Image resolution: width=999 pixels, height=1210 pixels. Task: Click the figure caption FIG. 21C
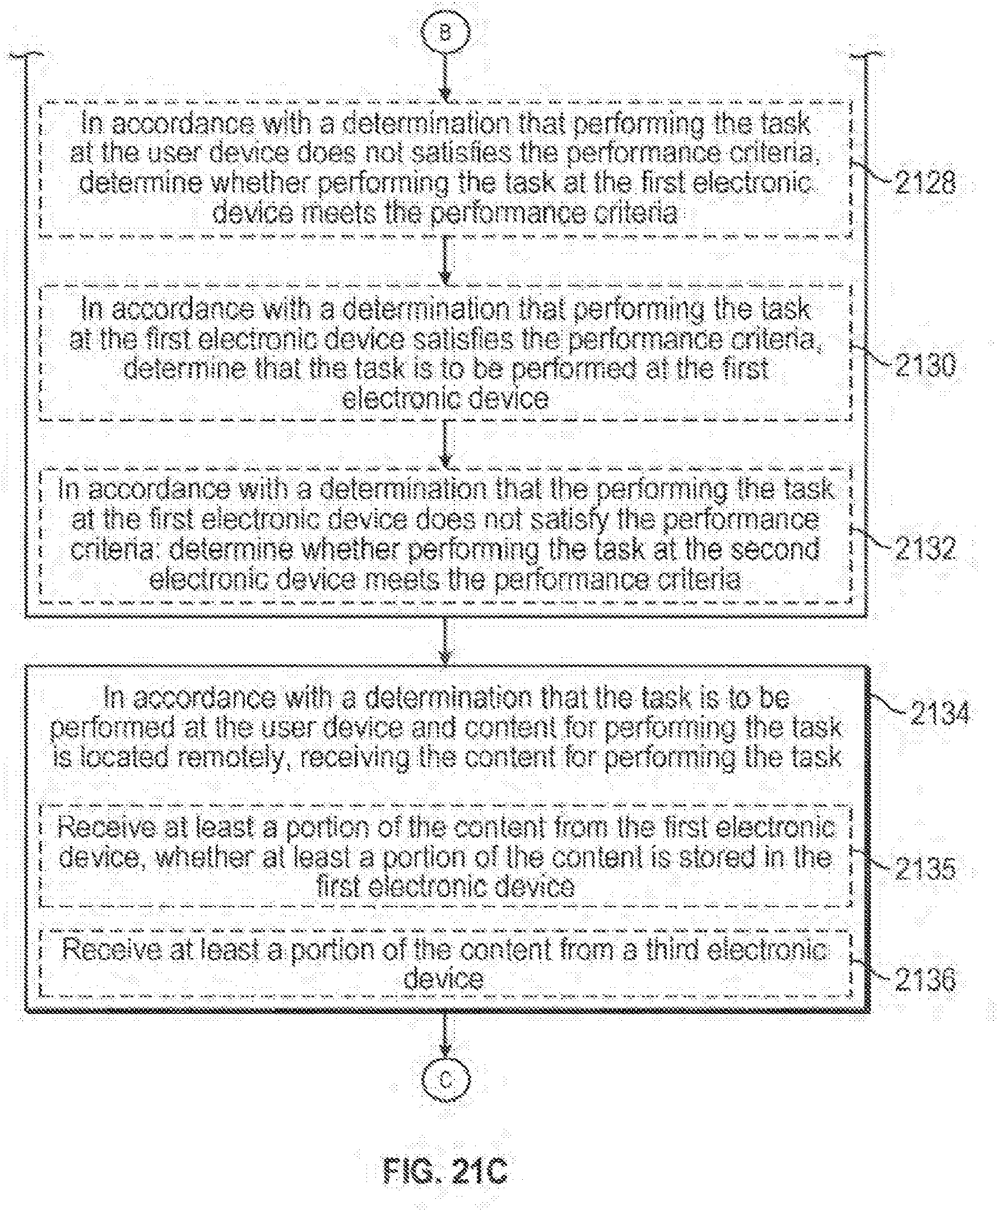445,1169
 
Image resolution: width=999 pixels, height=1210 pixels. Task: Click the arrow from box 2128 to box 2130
445,260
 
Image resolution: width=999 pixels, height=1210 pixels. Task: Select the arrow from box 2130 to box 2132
445,444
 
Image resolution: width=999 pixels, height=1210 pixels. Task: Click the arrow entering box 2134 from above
445,641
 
